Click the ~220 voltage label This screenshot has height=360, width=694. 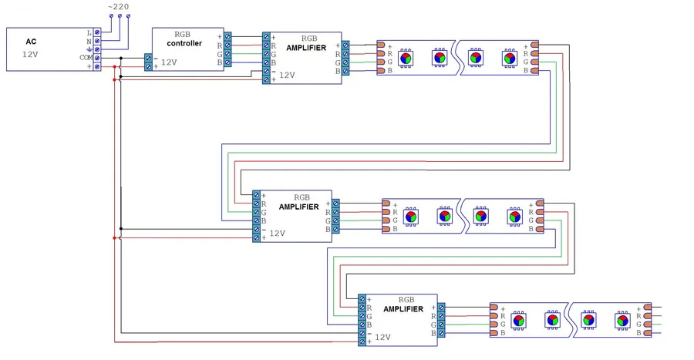(119, 6)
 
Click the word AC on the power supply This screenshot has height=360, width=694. (31, 42)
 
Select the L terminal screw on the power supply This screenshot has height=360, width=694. (97, 33)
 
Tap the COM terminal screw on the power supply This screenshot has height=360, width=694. (97, 58)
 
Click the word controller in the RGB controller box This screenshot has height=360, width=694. (184, 43)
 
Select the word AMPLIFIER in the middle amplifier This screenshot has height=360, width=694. (299, 207)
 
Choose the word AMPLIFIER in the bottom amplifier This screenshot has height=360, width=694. (403, 309)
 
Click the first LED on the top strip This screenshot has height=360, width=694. (406, 56)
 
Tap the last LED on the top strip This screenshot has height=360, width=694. (510, 56)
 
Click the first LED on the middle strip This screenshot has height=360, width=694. (411, 217)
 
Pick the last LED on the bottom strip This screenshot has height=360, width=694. (623, 319)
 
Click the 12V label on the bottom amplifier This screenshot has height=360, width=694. (382, 337)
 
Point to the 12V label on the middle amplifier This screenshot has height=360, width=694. (277, 233)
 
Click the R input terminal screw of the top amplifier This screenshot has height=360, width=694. (266, 45)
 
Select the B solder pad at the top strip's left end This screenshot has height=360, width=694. (381, 71)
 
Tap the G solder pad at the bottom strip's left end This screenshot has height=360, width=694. (494, 324)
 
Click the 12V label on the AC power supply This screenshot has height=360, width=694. (30, 55)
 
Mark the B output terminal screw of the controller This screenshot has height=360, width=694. (227, 62)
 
